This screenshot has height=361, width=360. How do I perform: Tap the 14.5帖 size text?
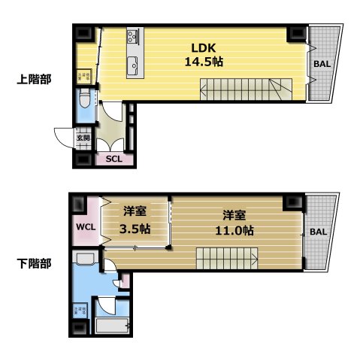coord(203,62)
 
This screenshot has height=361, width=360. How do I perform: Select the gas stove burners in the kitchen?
coord(133,35)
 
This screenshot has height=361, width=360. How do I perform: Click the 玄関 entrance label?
coord(83,138)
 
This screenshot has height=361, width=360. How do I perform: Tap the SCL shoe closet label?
coord(114,159)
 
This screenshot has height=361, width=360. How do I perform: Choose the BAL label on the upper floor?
coord(322,64)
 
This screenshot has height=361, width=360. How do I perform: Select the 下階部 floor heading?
coord(34,264)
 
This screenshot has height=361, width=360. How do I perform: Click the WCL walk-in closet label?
coord(83,227)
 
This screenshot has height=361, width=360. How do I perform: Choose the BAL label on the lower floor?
coord(319,232)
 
